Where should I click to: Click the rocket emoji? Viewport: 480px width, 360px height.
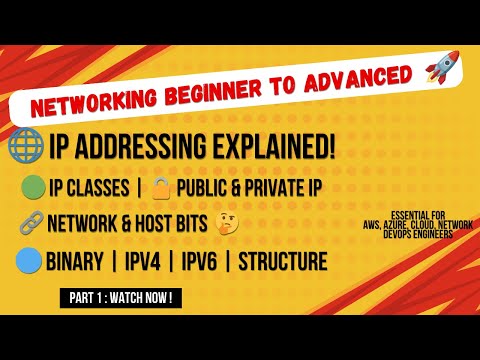click(x=442, y=67)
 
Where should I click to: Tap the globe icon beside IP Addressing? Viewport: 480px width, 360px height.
click(x=26, y=145)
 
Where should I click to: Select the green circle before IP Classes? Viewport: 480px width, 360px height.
click(x=33, y=187)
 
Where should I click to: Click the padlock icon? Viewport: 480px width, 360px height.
click(x=161, y=188)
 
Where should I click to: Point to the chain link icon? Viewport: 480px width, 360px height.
click(x=32, y=222)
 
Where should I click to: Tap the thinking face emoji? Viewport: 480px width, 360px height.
click(x=227, y=224)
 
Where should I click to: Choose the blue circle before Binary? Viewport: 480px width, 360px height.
click(x=29, y=261)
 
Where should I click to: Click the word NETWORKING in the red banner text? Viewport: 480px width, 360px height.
click(x=94, y=103)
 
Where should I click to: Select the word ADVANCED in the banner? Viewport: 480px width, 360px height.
click(x=358, y=79)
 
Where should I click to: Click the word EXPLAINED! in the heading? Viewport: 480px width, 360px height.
click(x=274, y=146)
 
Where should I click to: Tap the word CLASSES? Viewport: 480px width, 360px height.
click(x=98, y=188)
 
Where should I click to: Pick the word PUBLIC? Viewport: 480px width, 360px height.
click(x=202, y=188)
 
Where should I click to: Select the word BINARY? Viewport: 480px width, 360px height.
click(x=75, y=261)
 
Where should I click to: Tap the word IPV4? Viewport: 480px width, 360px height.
click(x=143, y=261)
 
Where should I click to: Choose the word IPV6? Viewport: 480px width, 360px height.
click(x=199, y=261)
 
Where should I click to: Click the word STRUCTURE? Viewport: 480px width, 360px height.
click(x=283, y=261)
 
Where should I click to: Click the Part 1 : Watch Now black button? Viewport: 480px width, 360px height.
click(x=121, y=298)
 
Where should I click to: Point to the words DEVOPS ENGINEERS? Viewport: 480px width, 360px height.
click(x=418, y=234)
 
